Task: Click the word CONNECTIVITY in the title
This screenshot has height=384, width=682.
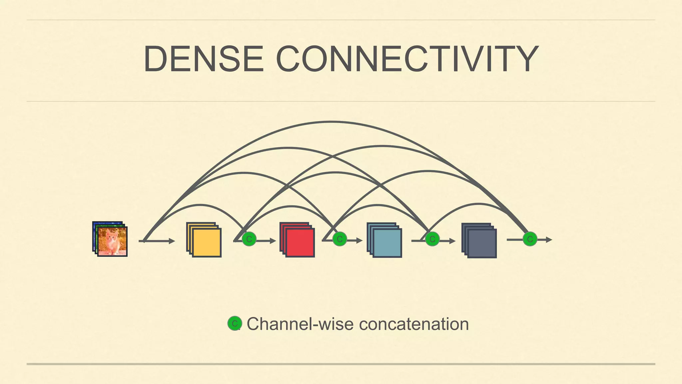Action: tap(407, 59)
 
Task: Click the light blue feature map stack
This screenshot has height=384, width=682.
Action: tap(385, 240)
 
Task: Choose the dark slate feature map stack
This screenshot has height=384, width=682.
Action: tap(480, 241)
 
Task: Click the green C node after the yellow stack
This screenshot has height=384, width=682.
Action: tap(249, 239)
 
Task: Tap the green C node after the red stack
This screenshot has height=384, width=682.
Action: tap(340, 239)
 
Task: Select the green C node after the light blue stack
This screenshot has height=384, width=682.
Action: tap(432, 239)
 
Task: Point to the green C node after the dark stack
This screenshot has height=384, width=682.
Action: tap(530, 239)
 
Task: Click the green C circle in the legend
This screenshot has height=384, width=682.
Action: tap(234, 323)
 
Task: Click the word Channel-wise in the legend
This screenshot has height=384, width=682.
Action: tap(300, 324)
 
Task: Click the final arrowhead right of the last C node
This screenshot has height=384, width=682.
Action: tap(549, 240)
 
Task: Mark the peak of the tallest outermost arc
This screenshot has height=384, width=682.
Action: tap(331, 122)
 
